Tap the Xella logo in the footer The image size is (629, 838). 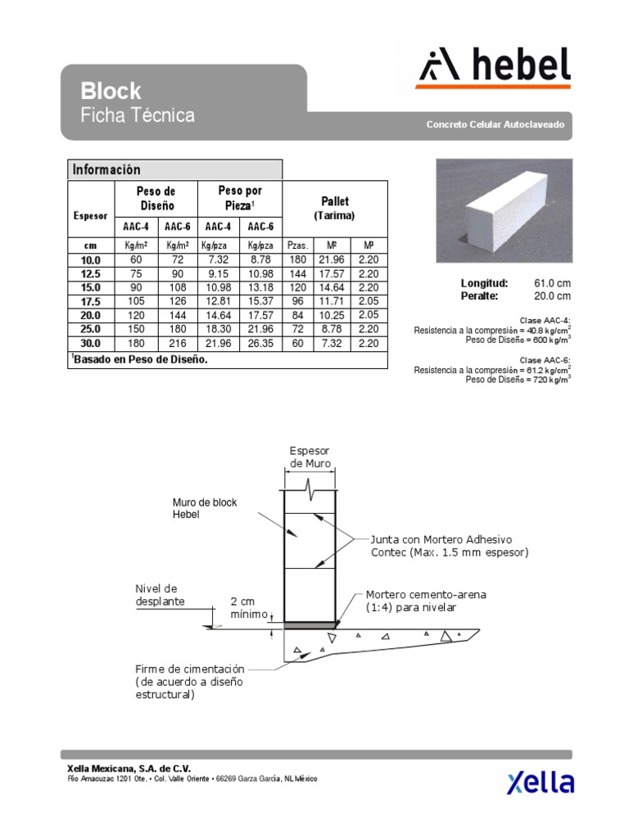(x=541, y=782)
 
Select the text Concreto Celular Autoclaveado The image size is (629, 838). (x=495, y=125)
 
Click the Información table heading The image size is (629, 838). (x=106, y=169)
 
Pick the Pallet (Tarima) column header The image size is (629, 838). (x=334, y=208)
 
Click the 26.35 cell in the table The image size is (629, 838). (x=260, y=343)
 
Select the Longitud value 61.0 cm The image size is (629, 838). (x=552, y=283)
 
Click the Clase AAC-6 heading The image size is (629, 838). (x=545, y=360)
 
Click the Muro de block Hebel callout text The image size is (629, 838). (x=205, y=508)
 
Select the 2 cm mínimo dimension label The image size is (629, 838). (x=249, y=606)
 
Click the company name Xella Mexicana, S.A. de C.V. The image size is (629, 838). (x=128, y=768)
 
